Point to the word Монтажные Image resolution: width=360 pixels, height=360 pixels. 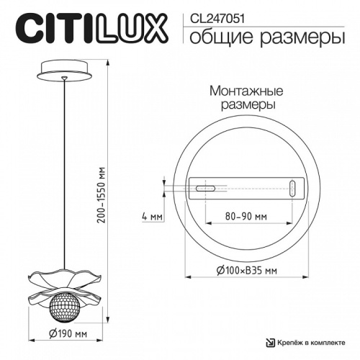(246, 92)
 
